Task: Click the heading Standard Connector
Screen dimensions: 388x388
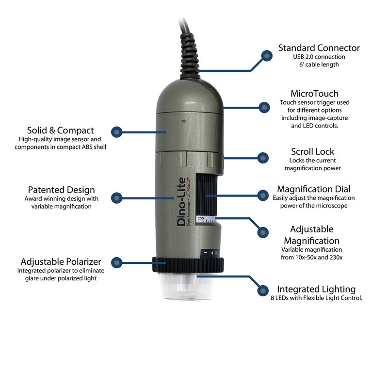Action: click(x=319, y=48)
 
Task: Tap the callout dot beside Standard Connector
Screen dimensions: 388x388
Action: click(x=267, y=56)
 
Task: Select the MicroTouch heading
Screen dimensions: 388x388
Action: click(x=314, y=94)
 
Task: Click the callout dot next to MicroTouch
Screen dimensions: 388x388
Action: click(x=264, y=107)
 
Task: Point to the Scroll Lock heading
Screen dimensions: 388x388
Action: click(x=312, y=151)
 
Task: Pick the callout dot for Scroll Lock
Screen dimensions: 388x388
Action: click(x=263, y=158)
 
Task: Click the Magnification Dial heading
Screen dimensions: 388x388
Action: click(x=314, y=189)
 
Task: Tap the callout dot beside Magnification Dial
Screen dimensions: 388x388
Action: click(x=263, y=195)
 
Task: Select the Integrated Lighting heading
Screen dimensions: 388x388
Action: click(x=316, y=289)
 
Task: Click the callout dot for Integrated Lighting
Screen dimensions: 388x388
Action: click(x=263, y=290)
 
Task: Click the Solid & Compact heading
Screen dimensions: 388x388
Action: click(x=60, y=130)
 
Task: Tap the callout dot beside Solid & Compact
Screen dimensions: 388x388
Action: click(x=117, y=132)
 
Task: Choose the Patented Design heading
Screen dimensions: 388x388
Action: click(x=62, y=190)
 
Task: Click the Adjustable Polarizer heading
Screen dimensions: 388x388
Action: click(x=61, y=261)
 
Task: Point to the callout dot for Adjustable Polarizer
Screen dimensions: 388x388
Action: click(x=117, y=262)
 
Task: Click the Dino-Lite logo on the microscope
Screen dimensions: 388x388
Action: click(x=183, y=201)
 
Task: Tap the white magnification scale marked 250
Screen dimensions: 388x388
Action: click(x=206, y=219)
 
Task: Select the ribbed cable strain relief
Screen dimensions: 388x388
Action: click(x=190, y=56)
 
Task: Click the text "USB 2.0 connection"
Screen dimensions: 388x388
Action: click(x=319, y=57)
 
